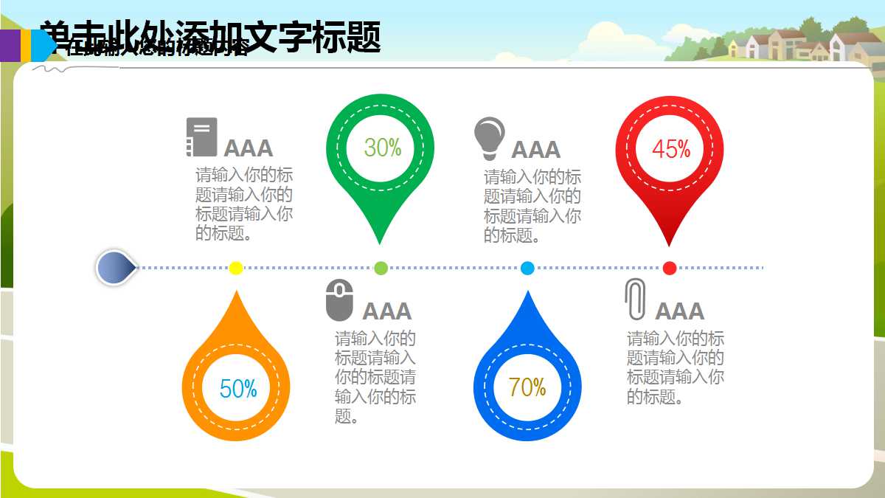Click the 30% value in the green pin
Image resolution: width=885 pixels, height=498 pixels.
point(383,148)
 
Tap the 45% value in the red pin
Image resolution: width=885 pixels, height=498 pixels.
point(671,149)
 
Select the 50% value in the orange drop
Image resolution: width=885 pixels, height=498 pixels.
point(238,388)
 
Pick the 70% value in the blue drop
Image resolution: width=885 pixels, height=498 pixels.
point(527,387)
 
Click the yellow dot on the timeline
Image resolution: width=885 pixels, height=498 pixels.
point(236,268)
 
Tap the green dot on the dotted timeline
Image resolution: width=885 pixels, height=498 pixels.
point(381,268)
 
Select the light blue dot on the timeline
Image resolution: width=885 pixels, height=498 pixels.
point(527,268)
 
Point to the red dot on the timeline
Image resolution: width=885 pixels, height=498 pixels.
point(670,268)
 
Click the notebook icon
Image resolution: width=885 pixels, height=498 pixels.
point(201,137)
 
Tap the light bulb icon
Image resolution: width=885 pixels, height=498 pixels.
point(489,138)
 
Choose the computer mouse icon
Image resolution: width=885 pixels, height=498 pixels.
point(339,300)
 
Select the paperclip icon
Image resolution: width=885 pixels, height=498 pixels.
point(634,299)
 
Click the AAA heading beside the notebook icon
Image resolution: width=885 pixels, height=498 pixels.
point(249,148)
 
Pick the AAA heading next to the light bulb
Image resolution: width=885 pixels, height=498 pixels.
point(536,150)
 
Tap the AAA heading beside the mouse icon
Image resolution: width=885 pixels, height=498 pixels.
point(387,311)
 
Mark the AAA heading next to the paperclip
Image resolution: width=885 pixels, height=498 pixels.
point(680,311)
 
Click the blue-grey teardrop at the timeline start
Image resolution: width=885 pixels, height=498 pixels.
point(115,268)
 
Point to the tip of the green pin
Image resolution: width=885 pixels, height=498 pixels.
point(380,241)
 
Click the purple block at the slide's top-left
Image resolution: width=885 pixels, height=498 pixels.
point(10,44)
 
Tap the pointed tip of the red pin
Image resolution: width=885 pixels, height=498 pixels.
point(669,243)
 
